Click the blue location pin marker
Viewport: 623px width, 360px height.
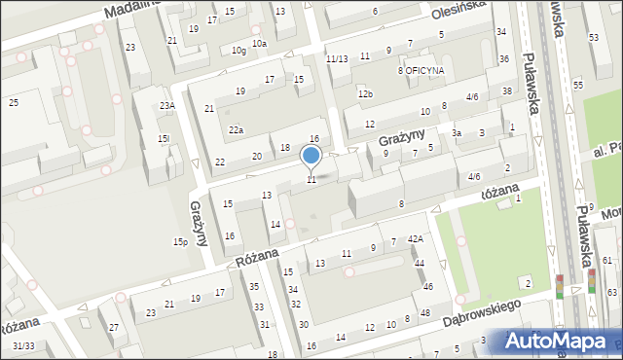[311, 156]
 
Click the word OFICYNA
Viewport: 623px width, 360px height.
[425, 71]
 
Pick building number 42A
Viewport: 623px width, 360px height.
[416, 239]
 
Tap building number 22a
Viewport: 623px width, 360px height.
[236, 130]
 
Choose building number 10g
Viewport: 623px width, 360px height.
[238, 51]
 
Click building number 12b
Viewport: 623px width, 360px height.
[365, 94]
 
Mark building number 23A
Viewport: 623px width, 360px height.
[167, 106]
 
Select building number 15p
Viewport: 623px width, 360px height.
[180, 242]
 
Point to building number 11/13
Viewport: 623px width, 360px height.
[337, 59]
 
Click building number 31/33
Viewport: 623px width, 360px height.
[24, 345]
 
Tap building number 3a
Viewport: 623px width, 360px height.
[456, 133]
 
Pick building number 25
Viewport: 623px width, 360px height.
[14, 102]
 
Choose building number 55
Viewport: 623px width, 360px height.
[577, 86]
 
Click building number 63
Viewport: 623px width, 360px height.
[611, 292]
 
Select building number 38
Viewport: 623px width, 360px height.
[507, 91]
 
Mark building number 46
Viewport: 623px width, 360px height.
[428, 286]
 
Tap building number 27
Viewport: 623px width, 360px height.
[114, 328]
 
